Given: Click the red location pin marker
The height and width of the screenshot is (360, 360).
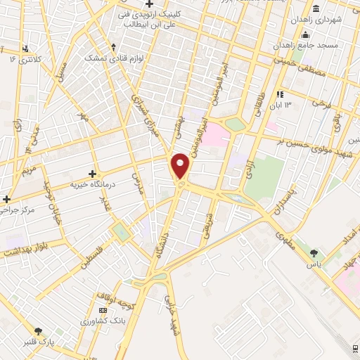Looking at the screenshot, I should click(181, 165).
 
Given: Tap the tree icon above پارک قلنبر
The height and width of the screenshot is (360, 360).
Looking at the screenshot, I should click(37, 330).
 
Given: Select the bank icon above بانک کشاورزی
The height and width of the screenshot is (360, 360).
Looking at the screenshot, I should click(103, 310).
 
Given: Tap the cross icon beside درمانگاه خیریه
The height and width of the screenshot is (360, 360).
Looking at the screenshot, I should click(92, 173).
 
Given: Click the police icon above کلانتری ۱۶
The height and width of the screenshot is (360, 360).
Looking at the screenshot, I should click(25, 49).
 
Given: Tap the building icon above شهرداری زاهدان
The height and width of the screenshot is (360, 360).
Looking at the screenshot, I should click(318, 9).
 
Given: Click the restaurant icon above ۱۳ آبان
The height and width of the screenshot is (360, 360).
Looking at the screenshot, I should click(280, 94).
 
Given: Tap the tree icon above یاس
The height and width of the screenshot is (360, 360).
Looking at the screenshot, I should click(314, 253).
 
